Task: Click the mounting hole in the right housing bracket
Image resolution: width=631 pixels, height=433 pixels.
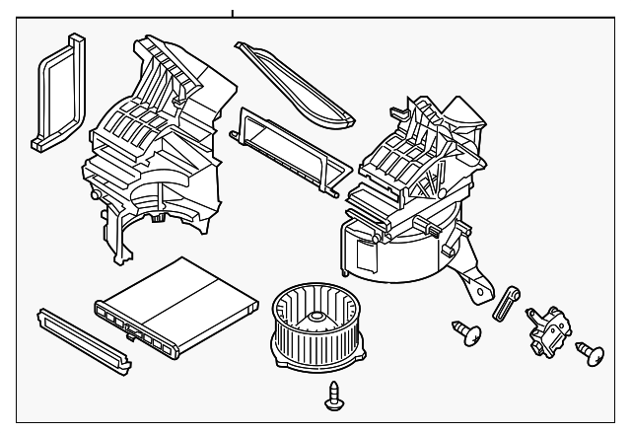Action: click(x=481, y=290)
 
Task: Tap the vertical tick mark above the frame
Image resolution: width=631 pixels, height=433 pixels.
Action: click(x=234, y=14)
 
